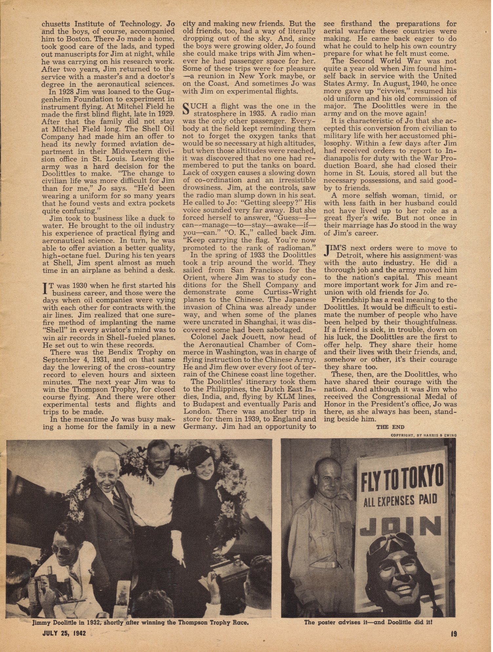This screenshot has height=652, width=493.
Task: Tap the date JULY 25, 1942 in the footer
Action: tap(64, 633)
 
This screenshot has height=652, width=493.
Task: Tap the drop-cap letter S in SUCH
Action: tap(186, 108)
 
